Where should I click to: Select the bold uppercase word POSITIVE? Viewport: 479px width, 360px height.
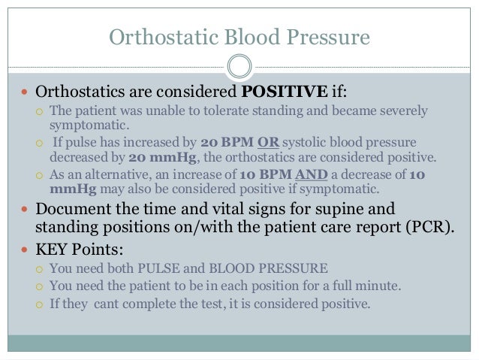pyautogui.click(x=282, y=93)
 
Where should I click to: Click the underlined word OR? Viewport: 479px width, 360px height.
pyautogui.click(x=266, y=143)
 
